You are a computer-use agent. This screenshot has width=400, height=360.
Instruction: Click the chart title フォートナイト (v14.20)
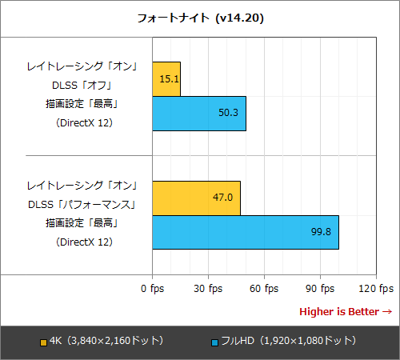coord(200,18)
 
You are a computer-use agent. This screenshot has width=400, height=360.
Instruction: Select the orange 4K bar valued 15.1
coord(166,79)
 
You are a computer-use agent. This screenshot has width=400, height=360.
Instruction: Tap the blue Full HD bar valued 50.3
coord(198,114)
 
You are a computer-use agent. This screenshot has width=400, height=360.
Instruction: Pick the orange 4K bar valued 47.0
coord(195,198)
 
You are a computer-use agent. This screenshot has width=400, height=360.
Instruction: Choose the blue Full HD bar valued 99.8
coord(245,232)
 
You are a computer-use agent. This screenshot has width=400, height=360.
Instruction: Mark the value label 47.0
coord(222,198)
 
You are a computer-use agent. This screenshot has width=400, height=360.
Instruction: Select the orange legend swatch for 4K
coord(43,342)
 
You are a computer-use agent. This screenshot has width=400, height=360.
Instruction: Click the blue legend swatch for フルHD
coord(215,342)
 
